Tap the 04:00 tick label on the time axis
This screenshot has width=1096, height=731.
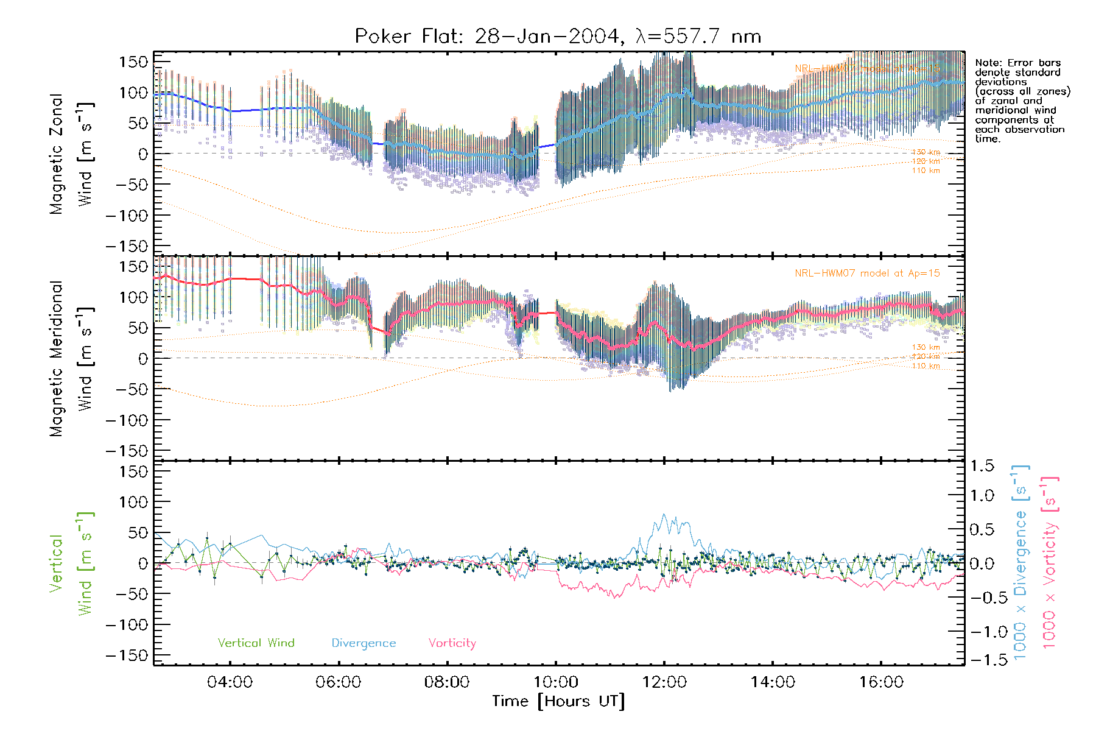[230, 682]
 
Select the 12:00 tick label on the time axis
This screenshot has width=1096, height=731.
[664, 682]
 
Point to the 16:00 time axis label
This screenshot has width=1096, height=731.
[881, 682]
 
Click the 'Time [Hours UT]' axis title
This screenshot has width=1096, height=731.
[558, 701]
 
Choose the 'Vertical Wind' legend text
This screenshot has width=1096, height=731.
[256, 643]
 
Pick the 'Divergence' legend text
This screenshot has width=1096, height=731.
[364, 643]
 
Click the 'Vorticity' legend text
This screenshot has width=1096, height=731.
[452, 643]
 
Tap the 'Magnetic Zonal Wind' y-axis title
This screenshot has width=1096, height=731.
[70, 154]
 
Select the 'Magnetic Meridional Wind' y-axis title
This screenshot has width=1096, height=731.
[70, 358]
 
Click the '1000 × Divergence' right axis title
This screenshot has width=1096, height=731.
[1020, 562]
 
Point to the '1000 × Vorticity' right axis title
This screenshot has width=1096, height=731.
[1049, 562]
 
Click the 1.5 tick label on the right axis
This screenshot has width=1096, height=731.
[982, 466]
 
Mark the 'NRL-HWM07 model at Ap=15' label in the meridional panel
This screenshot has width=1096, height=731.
[867, 273]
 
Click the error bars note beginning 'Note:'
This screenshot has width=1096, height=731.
[1022, 101]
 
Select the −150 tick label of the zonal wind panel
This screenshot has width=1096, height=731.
[127, 246]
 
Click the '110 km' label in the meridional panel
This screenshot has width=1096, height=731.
[926, 366]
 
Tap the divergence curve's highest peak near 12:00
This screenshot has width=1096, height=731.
[664, 515]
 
